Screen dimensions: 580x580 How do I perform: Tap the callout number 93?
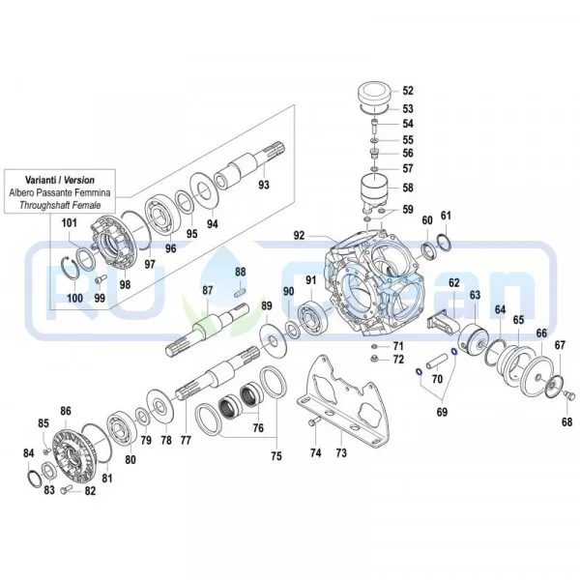263,184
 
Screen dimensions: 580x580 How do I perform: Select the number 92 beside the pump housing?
300,235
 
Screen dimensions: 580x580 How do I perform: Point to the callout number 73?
341,452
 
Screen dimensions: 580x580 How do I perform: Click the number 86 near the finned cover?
66,412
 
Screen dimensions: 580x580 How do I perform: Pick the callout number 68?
566,421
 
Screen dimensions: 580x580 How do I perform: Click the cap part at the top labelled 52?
371,97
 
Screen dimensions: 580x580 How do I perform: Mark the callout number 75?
275,455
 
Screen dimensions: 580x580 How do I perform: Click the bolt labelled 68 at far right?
567,395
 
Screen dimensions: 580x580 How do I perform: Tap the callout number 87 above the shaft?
207,291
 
